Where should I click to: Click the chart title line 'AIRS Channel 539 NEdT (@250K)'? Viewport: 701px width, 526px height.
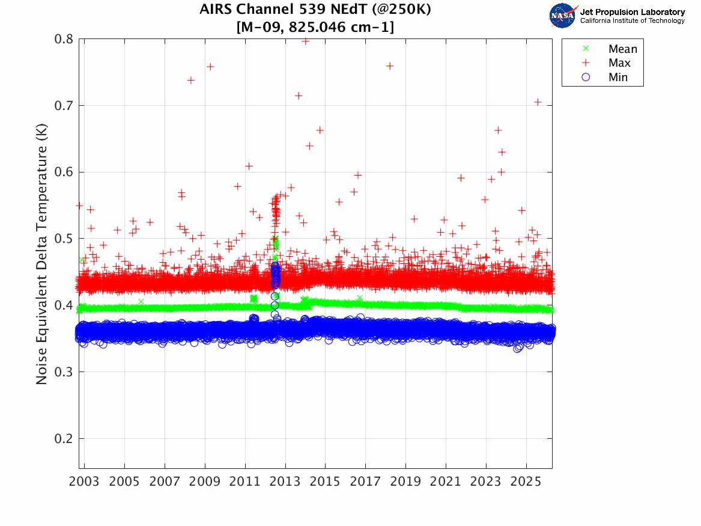pyautogui.click(x=315, y=9)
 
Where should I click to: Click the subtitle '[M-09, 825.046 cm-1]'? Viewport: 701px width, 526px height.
pyautogui.click(x=315, y=27)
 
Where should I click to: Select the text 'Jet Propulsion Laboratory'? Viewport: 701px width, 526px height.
pyautogui.click(x=632, y=12)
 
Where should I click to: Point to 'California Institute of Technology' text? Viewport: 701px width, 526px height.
pyautogui.click(x=632, y=20)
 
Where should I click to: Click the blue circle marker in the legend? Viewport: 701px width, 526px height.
pyautogui.click(x=586, y=78)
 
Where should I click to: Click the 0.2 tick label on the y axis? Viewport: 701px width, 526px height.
pyautogui.click(x=64, y=439)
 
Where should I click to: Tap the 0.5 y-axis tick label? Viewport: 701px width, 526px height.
pyautogui.click(x=64, y=239)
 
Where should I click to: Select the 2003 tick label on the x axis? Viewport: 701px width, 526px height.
pyautogui.click(x=84, y=482)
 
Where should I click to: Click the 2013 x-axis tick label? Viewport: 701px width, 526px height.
pyautogui.click(x=285, y=482)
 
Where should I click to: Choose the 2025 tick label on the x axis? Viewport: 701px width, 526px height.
pyautogui.click(x=526, y=482)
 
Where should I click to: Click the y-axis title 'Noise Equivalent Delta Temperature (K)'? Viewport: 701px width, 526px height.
pyautogui.click(x=41, y=254)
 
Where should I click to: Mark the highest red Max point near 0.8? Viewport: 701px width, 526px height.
pyautogui.click(x=305, y=41)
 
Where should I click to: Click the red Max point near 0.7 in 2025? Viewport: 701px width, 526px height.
pyautogui.click(x=538, y=102)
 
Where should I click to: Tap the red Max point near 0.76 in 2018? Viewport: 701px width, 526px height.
pyautogui.click(x=389, y=66)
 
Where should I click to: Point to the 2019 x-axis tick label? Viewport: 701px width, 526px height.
pyautogui.click(x=405, y=482)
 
